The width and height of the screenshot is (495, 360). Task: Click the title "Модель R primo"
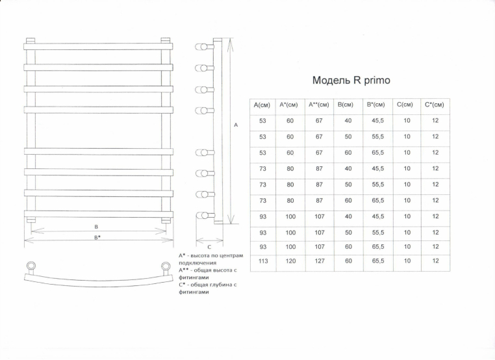(x=351, y=81)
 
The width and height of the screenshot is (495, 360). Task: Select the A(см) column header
(x=262, y=105)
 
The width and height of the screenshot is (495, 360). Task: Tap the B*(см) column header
(x=375, y=105)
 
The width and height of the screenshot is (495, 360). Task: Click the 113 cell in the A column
(x=262, y=261)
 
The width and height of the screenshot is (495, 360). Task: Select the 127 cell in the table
(x=319, y=261)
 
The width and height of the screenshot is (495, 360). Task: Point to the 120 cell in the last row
(x=290, y=261)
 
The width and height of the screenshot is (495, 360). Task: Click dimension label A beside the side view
(x=236, y=124)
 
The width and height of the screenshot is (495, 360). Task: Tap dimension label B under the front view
(x=96, y=226)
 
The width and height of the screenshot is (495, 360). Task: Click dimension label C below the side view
(x=209, y=247)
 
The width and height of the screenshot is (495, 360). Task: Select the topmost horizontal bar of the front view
(x=98, y=46)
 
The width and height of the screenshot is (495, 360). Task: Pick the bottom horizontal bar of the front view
(x=98, y=213)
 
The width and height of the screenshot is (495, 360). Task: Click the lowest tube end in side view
(x=202, y=214)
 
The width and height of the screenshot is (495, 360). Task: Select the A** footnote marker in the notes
(x=183, y=268)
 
